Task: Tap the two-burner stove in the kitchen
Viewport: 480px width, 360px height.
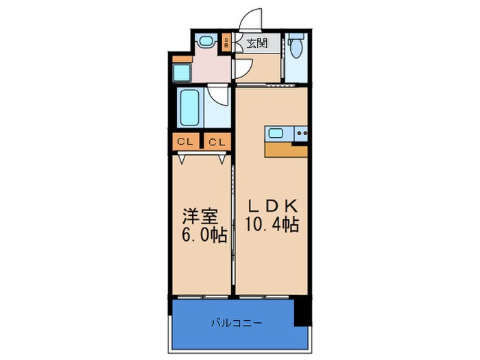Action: [300, 133]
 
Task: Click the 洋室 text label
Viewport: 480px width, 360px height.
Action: [200, 217]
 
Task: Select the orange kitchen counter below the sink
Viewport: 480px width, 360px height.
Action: [285, 150]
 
